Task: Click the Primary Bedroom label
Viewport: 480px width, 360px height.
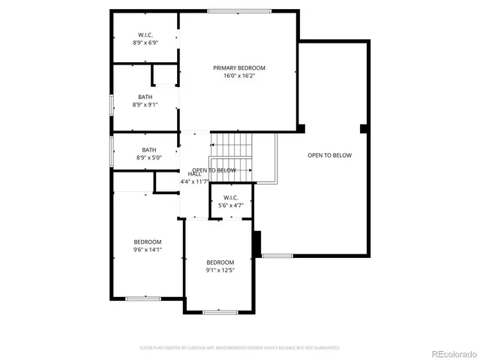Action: pyautogui.click(x=238, y=68)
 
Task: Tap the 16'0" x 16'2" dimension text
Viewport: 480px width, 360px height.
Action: pyautogui.click(x=238, y=76)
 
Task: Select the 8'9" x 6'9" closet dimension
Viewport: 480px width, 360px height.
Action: pyautogui.click(x=145, y=43)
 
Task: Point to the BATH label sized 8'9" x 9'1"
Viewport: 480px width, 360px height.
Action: pyautogui.click(x=145, y=97)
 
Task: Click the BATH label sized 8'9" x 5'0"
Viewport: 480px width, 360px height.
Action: pyautogui.click(x=149, y=150)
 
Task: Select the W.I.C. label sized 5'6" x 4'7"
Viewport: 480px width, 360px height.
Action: pyautogui.click(x=231, y=197)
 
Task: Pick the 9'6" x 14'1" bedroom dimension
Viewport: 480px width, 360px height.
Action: pyautogui.click(x=148, y=250)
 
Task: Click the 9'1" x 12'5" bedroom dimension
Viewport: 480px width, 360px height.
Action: pyautogui.click(x=220, y=270)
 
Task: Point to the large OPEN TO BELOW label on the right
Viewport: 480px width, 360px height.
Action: pyautogui.click(x=329, y=155)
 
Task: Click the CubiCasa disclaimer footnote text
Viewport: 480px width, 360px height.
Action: pyautogui.click(x=240, y=347)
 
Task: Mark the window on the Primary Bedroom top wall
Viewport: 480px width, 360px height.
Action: pyautogui.click(x=238, y=10)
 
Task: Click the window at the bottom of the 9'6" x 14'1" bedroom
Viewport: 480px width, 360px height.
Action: pyautogui.click(x=142, y=298)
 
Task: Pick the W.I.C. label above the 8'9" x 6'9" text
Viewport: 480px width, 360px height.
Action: pyautogui.click(x=145, y=35)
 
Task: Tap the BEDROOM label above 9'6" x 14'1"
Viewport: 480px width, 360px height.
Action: pyautogui.click(x=148, y=241)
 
